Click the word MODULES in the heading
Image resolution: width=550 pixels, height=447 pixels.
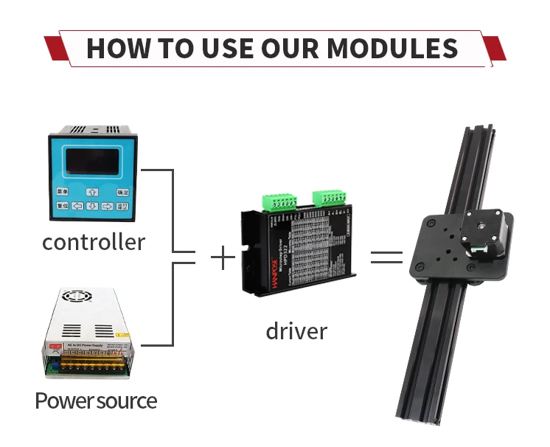(x=392, y=49)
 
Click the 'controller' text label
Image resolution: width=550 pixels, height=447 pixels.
(x=94, y=241)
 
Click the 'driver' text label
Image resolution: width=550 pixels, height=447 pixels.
(x=296, y=330)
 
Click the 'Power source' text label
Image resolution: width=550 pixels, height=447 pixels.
(x=96, y=401)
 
